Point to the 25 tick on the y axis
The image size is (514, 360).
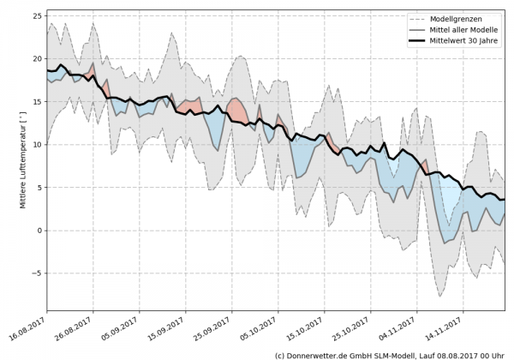(39, 15)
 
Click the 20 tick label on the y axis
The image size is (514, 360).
(39, 58)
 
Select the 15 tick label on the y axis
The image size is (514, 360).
(39, 101)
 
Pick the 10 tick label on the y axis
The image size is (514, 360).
(39, 145)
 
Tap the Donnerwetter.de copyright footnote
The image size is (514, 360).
(391, 354)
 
